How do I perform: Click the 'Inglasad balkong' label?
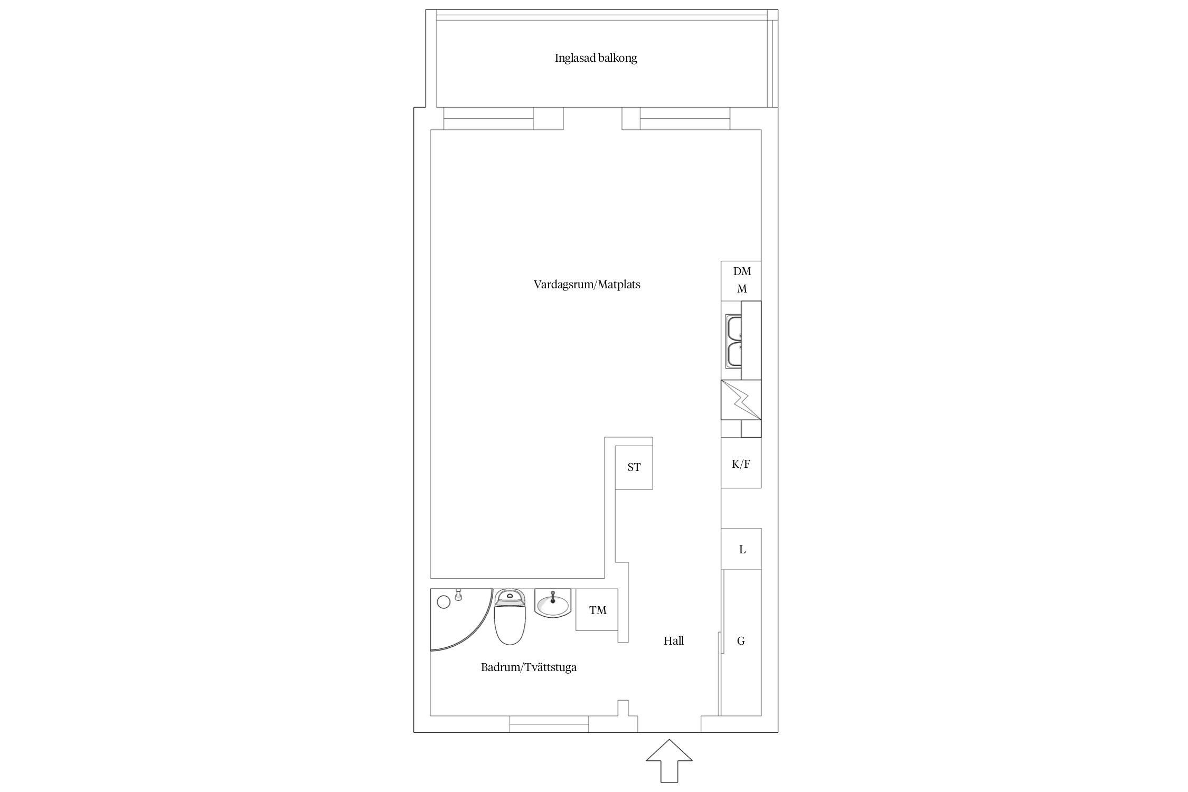tap(596, 58)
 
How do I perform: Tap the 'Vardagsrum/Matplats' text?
tap(587, 285)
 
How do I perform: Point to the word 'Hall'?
tap(674, 641)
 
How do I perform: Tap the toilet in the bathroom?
tap(510, 617)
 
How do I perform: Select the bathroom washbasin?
tap(553, 603)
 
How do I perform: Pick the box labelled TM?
tap(597, 610)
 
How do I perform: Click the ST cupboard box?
tap(634, 467)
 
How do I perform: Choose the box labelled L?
tap(741, 549)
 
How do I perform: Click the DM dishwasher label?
tap(742, 271)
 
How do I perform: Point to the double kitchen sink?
tap(733, 342)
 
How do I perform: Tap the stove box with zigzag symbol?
tap(741, 400)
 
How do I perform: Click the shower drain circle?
tap(444, 602)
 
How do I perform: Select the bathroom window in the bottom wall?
tap(549, 724)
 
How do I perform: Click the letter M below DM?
tap(742, 289)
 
